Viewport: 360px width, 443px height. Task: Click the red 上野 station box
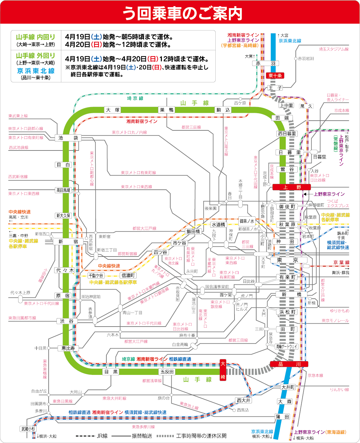tap(292, 187)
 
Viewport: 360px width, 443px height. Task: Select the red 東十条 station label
tap(275, 76)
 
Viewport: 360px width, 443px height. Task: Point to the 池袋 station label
tap(68, 138)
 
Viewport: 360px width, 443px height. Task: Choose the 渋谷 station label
tap(66, 321)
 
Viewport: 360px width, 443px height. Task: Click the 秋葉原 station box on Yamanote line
tap(287, 224)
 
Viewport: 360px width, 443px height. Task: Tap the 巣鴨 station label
tap(167, 110)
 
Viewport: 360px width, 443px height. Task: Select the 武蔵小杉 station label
tap(28, 429)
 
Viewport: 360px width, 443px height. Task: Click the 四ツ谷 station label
tap(161, 252)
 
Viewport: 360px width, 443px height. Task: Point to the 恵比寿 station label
tap(68, 348)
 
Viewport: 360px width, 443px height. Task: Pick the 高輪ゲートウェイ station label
tap(286, 346)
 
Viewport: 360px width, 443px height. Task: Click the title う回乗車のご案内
tap(182, 13)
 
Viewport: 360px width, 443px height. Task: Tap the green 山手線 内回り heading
tap(36, 37)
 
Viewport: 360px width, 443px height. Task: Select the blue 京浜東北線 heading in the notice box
tap(36, 71)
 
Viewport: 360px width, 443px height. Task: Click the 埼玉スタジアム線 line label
tap(333, 49)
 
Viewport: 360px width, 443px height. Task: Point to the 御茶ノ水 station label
tap(247, 221)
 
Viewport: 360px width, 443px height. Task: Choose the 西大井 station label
tap(243, 401)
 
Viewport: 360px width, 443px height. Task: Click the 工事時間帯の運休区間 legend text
tap(201, 436)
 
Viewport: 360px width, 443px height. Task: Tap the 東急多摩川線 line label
tap(143, 427)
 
